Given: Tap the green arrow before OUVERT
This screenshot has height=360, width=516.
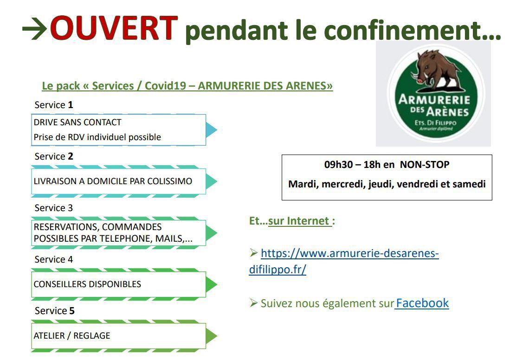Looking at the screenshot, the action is click(34, 29).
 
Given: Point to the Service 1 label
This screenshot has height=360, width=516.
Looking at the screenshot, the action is click(54, 105).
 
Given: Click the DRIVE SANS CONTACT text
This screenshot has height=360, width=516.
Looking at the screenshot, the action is click(77, 122).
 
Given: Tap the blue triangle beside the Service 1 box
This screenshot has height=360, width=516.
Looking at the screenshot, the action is click(212, 129).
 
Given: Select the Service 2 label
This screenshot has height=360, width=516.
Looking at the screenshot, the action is click(54, 156).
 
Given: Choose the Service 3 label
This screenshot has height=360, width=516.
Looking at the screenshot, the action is click(54, 208).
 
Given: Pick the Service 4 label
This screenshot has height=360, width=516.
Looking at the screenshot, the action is click(54, 259).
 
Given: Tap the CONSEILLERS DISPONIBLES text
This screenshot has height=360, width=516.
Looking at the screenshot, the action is click(87, 284).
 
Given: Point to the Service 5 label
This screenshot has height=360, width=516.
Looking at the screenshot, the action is click(55, 311).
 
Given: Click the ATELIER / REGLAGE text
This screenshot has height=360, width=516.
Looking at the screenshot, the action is click(72, 336).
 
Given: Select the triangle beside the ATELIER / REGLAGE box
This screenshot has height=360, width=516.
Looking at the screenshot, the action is click(212, 336).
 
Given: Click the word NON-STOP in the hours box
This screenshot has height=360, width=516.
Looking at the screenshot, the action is click(425, 165).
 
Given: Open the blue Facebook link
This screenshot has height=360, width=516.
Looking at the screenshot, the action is click(422, 303).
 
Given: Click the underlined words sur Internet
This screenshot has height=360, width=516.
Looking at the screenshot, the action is click(299, 221).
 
